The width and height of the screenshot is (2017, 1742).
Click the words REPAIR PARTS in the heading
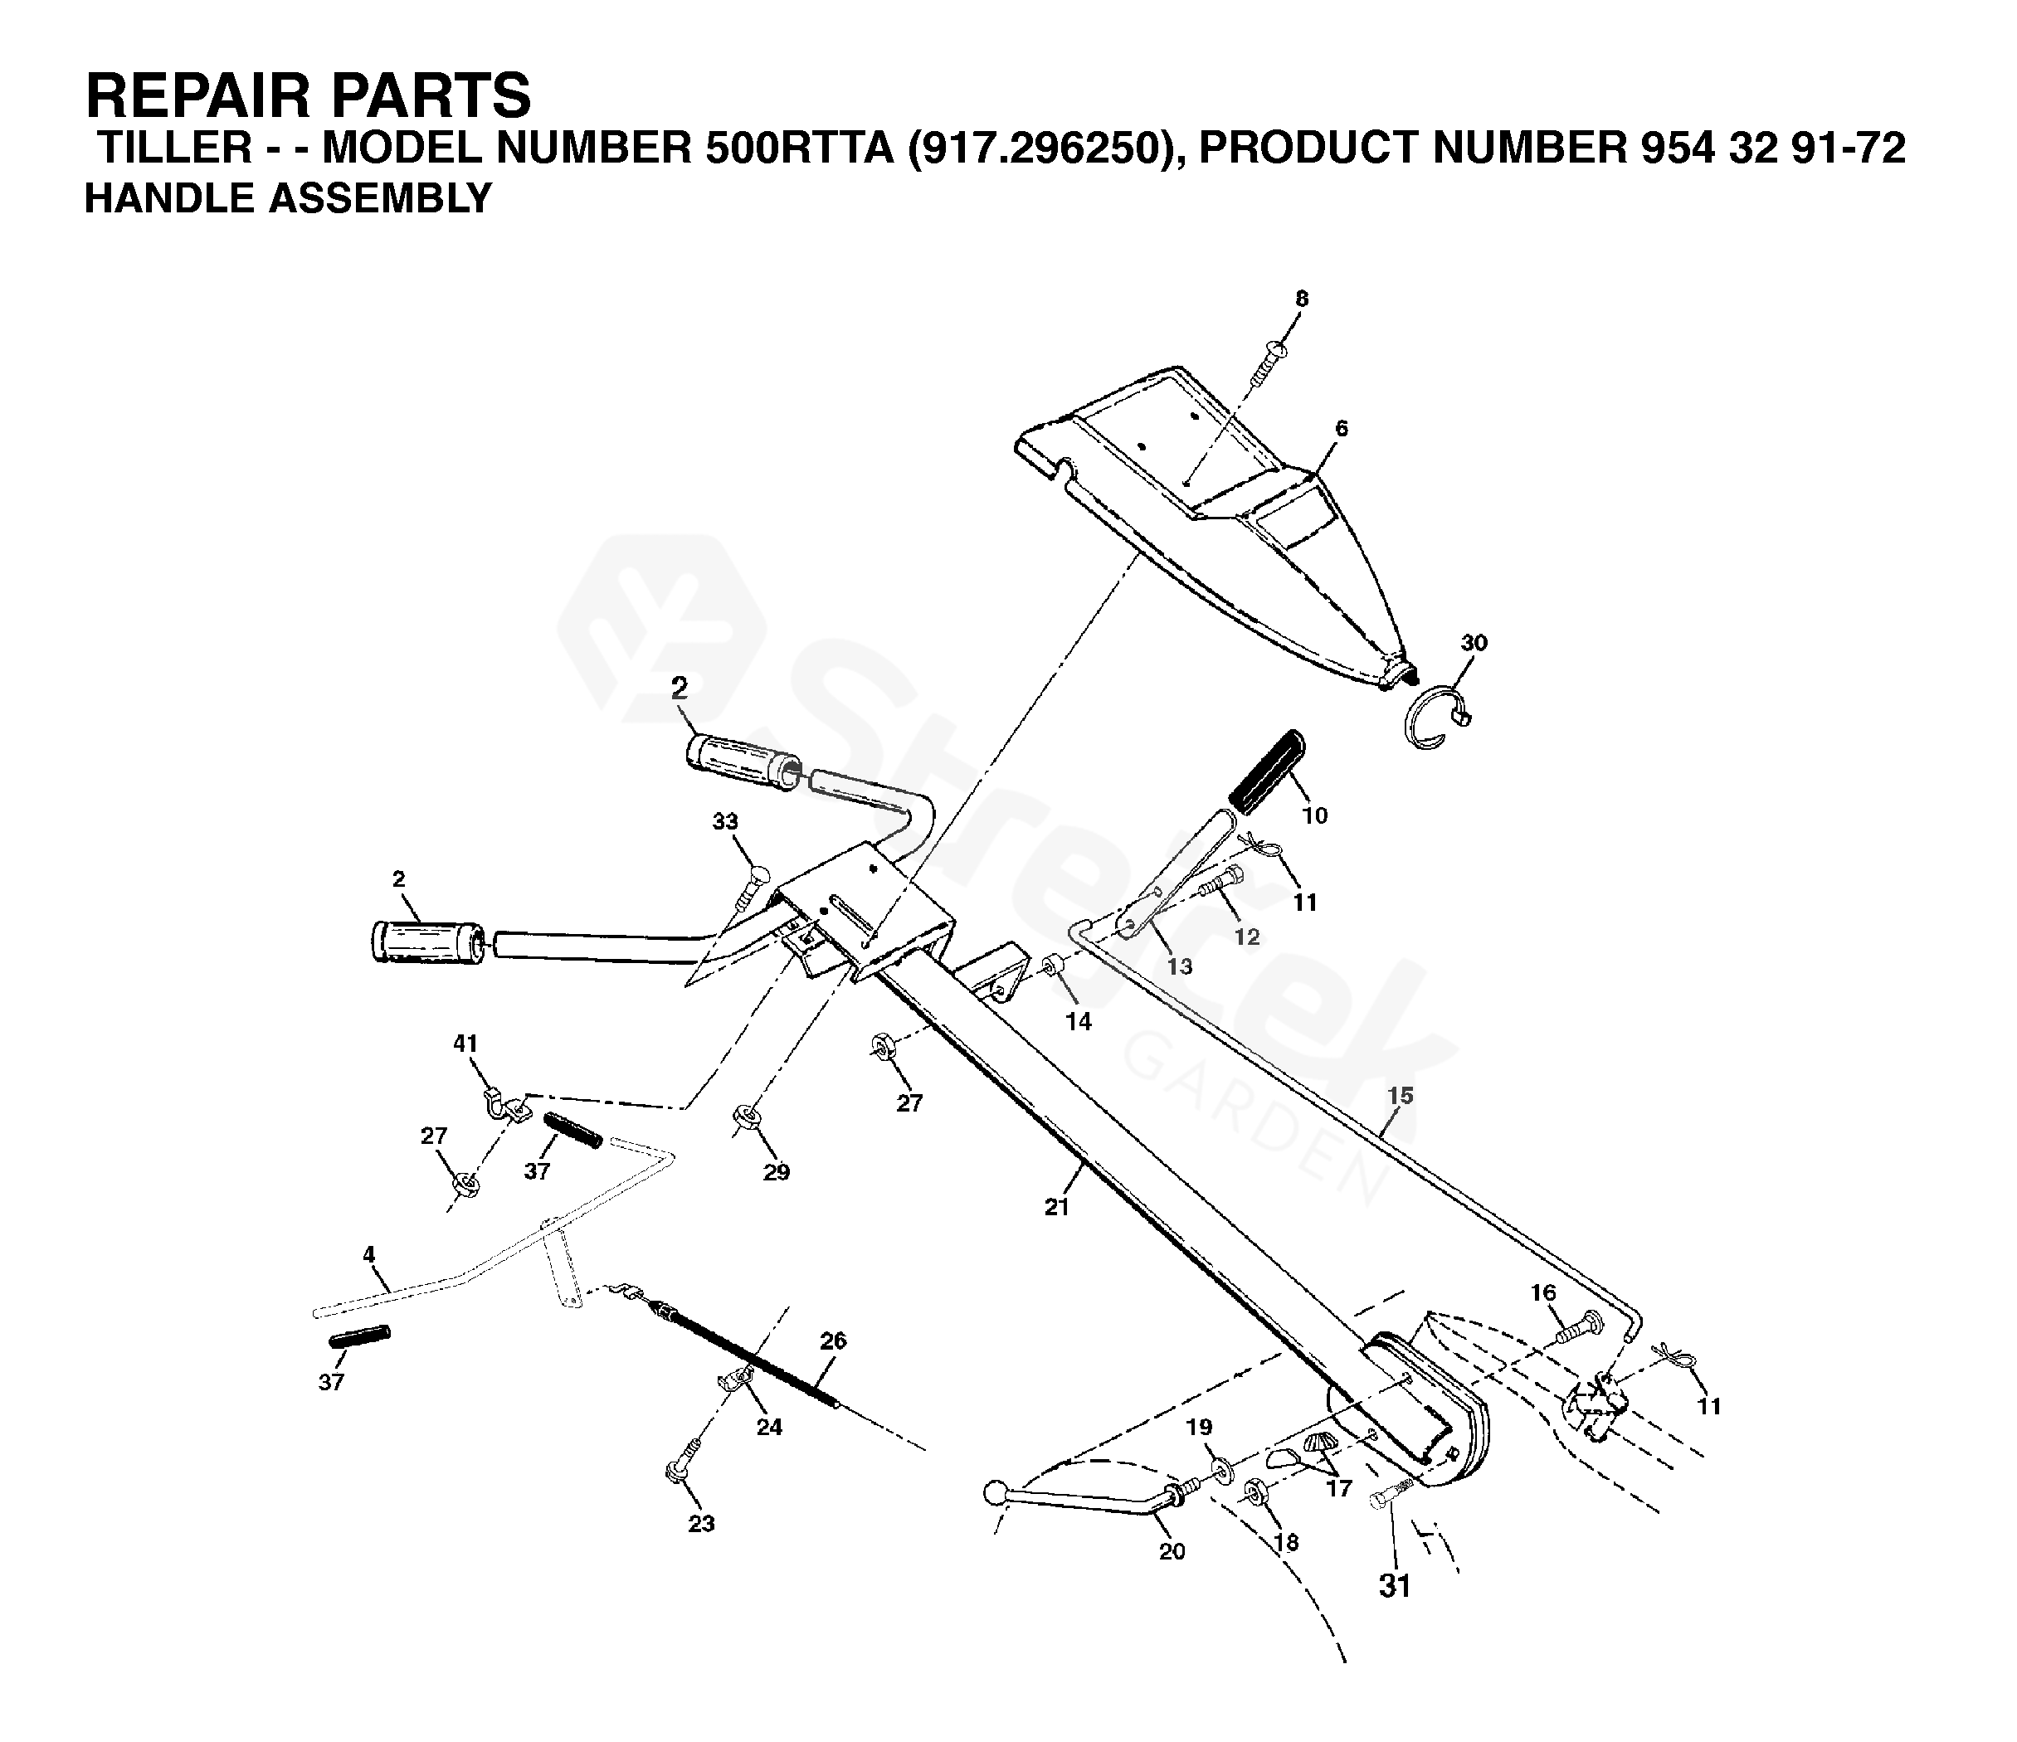click(x=309, y=95)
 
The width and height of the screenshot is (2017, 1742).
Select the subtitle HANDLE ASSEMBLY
click(x=288, y=198)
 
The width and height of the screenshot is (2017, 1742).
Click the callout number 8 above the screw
click(x=1302, y=299)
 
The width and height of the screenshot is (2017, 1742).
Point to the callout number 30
click(x=1474, y=643)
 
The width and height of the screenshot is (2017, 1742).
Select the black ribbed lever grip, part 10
click(x=1266, y=770)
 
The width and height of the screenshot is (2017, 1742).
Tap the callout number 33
click(x=724, y=822)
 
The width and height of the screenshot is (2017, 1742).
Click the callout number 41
click(x=465, y=1044)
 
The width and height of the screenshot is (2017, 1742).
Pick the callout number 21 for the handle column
click(x=1057, y=1208)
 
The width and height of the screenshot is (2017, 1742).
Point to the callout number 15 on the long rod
click(x=1400, y=1096)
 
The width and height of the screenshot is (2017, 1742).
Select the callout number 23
click(x=701, y=1524)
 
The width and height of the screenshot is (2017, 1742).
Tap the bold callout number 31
click(x=1395, y=1586)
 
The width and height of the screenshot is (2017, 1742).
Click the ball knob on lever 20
click(x=996, y=1491)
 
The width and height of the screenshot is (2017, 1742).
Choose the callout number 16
click(x=1544, y=1292)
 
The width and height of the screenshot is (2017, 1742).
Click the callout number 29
click(x=776, y=1173)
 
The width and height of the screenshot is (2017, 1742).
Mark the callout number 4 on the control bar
click(x=369, y=1255)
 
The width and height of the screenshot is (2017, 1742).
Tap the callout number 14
click(x=1079, y=1021)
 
